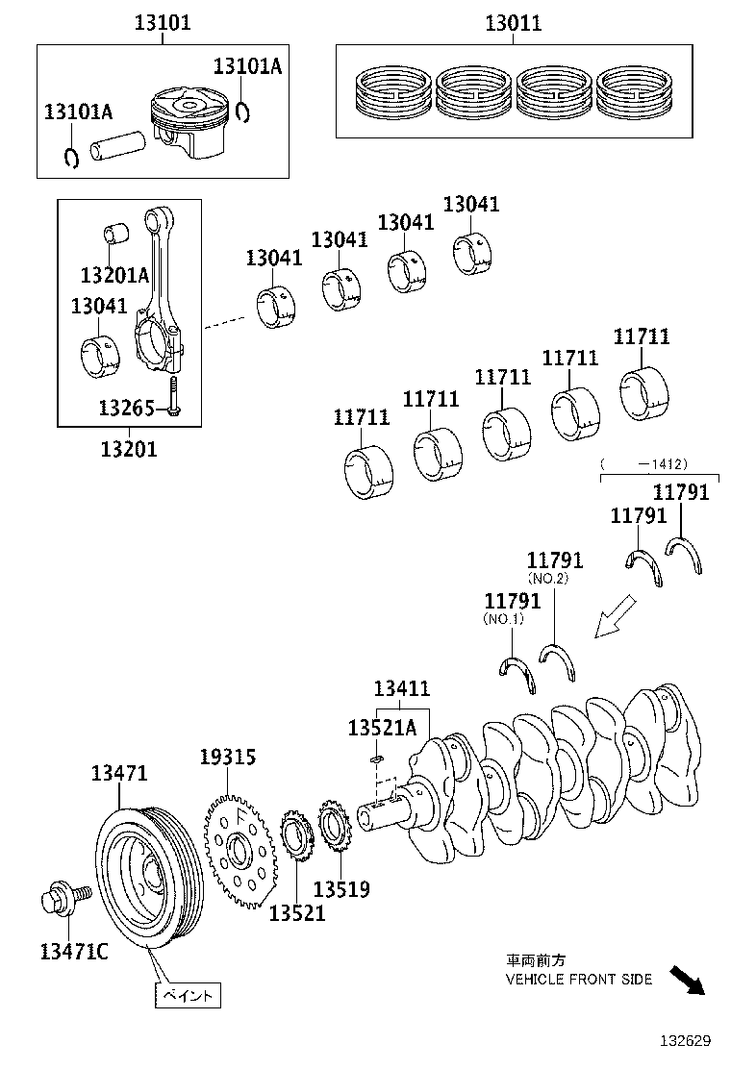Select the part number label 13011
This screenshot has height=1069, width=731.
[512, 23]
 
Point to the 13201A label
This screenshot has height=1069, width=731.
[114, 276]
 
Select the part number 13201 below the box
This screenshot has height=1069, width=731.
[129, 448]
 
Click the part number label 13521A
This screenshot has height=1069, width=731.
[381, 729]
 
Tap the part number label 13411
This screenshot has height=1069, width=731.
[401, 688]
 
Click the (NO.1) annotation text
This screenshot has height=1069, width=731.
[503, 619]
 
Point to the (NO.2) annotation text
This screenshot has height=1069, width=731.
[547, 578]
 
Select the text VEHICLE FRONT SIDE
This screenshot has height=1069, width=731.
[579, 979]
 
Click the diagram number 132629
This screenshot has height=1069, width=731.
[684, 1040]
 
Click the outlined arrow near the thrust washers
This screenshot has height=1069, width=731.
[615, 616]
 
